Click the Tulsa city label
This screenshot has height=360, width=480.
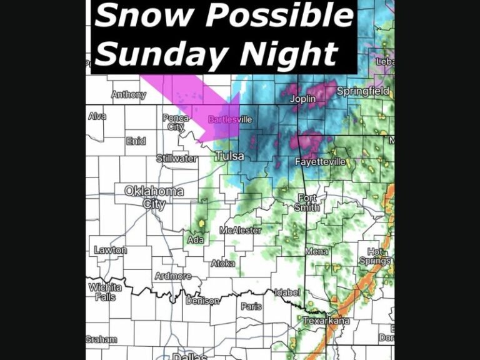pos(229,156)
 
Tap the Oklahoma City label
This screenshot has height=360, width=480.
pos(154,197)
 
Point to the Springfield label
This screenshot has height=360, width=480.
pos(362,91)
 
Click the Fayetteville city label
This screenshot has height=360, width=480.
pos(320,162)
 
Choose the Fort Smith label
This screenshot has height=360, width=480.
pos(309,202)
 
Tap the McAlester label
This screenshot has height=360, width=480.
pos(240,230)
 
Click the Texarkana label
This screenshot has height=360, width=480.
pos(326,321)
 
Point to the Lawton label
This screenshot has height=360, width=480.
pos(110,250)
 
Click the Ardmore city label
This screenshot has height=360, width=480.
pos(173,276)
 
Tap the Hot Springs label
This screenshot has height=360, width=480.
pos(375,256)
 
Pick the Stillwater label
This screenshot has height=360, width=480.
pos(176,158)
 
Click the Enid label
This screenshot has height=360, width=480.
pos(136,141)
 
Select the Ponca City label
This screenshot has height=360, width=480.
pos(176,122)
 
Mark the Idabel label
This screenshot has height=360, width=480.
pos(287,292)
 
